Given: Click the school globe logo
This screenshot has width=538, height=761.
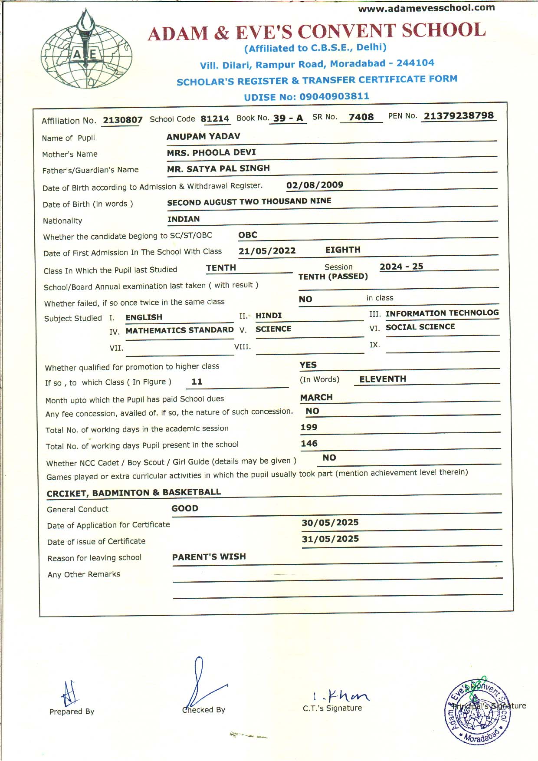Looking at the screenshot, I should (86, 50).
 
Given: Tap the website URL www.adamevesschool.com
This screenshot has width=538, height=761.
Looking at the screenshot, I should (426, 7).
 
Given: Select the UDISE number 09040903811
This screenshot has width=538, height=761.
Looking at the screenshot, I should (334, 96).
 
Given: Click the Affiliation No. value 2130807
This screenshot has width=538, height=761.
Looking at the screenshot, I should (122, 120).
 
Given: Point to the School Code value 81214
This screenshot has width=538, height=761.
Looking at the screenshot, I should (215, 119).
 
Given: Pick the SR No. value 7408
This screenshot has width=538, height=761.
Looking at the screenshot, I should (361, 117).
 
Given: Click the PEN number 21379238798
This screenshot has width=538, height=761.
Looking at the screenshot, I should (459, 116).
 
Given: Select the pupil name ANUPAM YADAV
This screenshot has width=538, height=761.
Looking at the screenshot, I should (203, 136).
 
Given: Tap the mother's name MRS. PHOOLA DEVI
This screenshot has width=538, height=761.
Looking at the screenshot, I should (211, 152).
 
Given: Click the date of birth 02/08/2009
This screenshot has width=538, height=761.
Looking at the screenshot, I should (315, 185).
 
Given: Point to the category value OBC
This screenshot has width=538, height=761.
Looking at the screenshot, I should (248, 235).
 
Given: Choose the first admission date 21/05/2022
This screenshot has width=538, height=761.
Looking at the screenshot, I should (267, 251).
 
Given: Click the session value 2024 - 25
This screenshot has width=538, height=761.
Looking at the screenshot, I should (401, 267).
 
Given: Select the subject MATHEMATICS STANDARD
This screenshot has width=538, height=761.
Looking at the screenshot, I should (180, 330).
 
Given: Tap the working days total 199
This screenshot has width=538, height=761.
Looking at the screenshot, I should (309, 427).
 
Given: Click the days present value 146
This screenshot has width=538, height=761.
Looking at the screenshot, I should (309, 443).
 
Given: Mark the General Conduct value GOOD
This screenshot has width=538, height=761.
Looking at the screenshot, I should (185, 508).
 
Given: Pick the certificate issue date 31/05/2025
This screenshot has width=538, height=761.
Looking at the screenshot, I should (330, 539).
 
